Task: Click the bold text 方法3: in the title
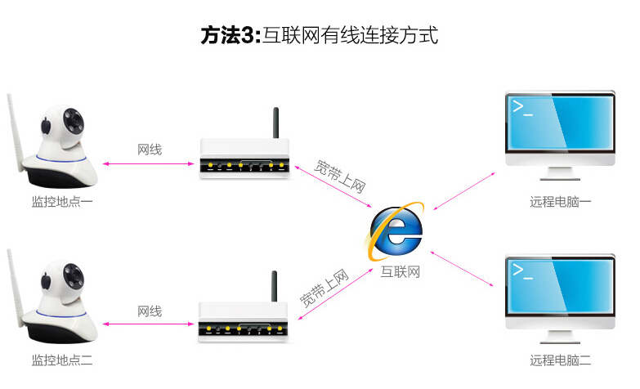click(x=230, y=37)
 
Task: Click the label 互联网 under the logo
click(x=400, y=272)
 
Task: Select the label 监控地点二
click(x=62, y=360)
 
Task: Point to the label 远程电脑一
click(x=560, y=201)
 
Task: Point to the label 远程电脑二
click(x=560, y=360)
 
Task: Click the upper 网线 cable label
click(x=150, y=150)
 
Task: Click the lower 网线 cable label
click(x=150, y=311)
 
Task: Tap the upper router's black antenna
click(x=275, y=127)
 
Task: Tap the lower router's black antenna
click(x=275, y=288)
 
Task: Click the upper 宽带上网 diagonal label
click(x=340, y=172)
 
